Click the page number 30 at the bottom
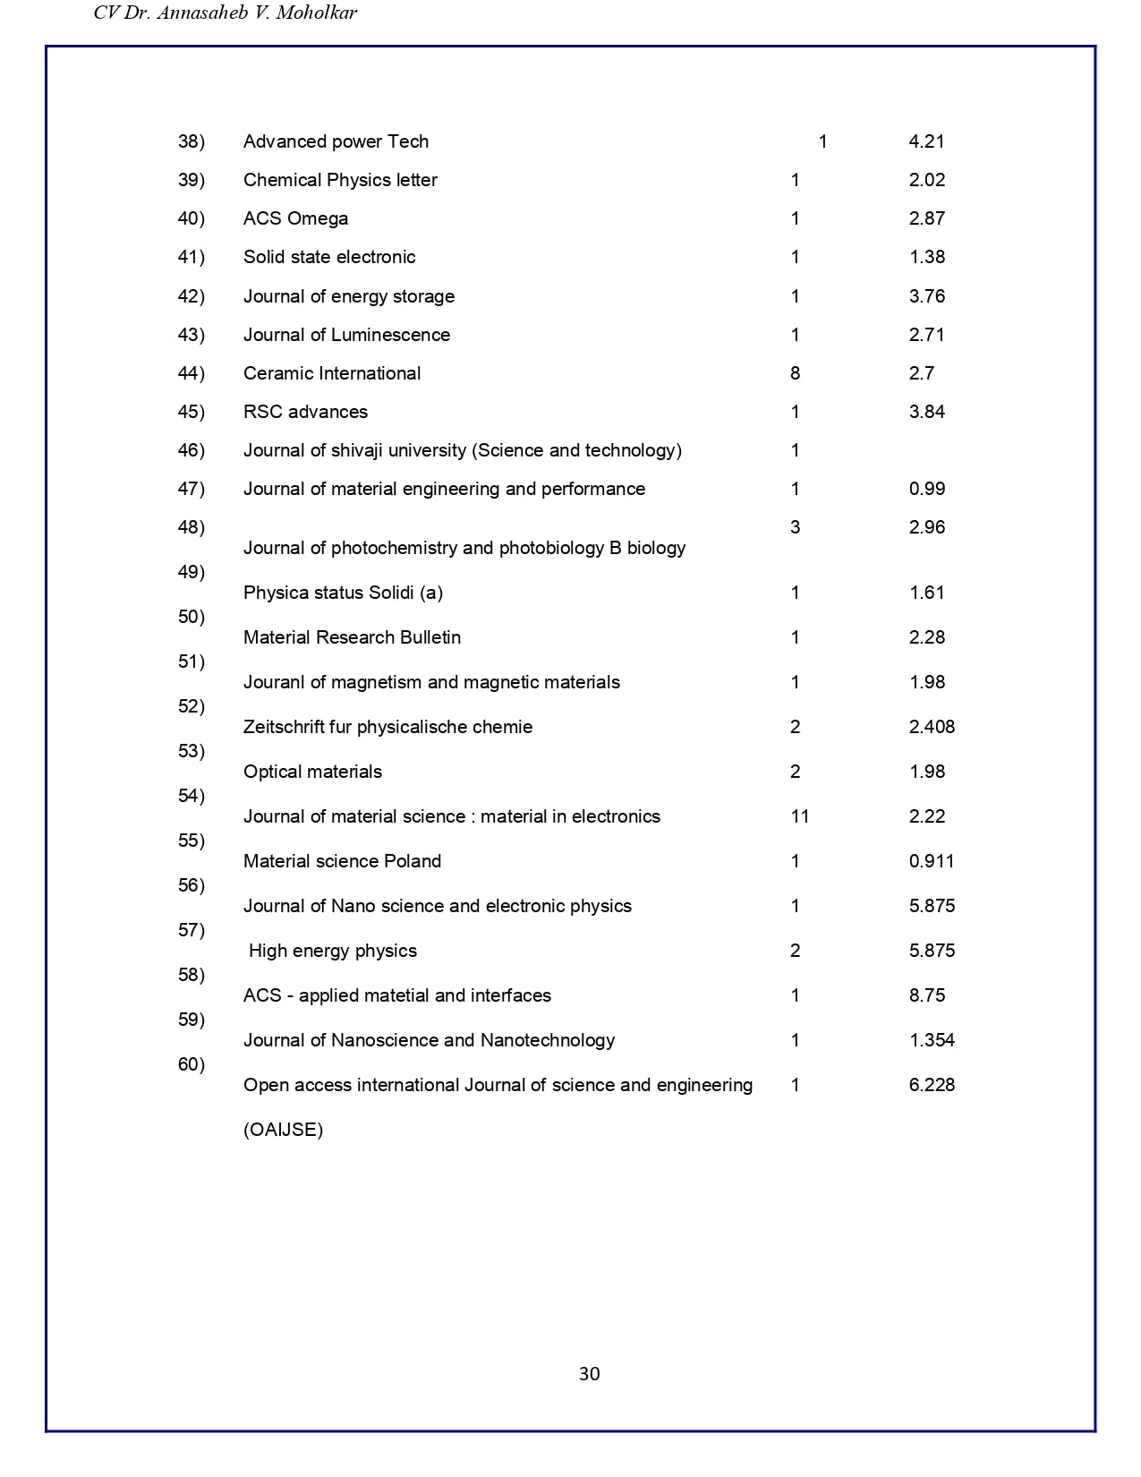pyautogui.click(x=589, y=1374)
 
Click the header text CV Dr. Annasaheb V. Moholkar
pyautogui.click(x=226, y=13)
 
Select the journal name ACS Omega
pyautogui.click(x=295, y=218)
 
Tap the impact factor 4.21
pyautogui.click(x=926, y=141)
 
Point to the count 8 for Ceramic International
pyautogui.click(x=795, y=373)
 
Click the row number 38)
pyautogui.click(x=192, y=141)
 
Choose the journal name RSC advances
pyautogui.click(x=305, y=412)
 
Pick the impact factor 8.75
pyautogui.click(x=926, y=995)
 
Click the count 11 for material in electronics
pyautogui.click(x=799, y=816)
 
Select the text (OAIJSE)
pyautogui.click(x=283, y=1130)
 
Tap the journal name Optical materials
pyautogui.click(x=312, y=772)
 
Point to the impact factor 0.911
pyautogui.click(x=931, y=861)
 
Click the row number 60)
pyautogui.click(x=192, y=1064)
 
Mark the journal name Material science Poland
pyautogui.click(x=342, y=861)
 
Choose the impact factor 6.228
pyautogui.click(x=932, y=1085)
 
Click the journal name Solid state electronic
pyautogui.click(x=329, y=257)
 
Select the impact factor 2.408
pyautogui.click(x=932, y=727)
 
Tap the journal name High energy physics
pyautogui.click(x=332, y=951)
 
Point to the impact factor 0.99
pyautogui.click(x=926, y=489)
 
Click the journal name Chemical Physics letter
pyautogui.click(x=340, y=180)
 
